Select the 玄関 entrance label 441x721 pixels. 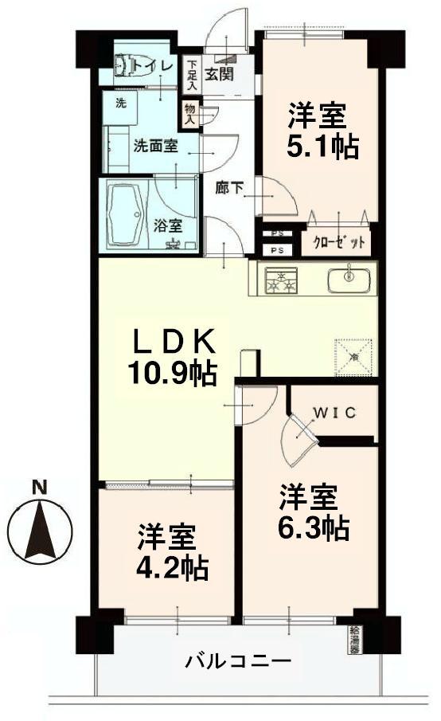[219, 74]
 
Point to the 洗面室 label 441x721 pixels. [154, 147]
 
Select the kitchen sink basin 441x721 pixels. [349, 279]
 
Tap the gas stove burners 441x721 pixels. [281, 281]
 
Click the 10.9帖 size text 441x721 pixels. [172, 374]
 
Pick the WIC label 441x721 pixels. [334, 412]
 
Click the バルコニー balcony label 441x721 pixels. [238, 660]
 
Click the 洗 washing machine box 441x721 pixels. [120, 104]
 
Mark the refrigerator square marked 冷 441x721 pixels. [354, 354]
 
